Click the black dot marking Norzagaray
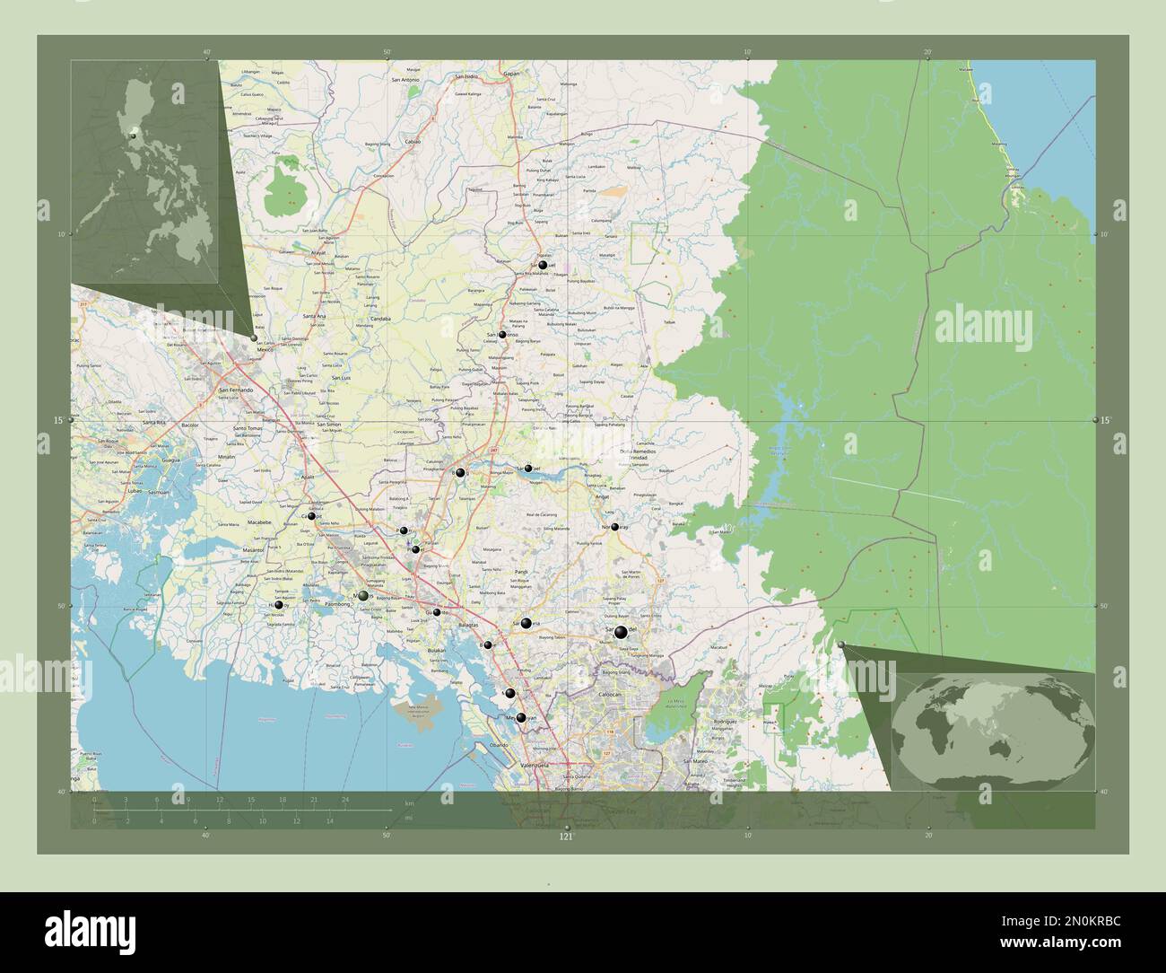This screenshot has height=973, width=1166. pyautogui.click(x=614, y=527)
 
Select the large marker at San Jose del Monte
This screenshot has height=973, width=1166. pyautogui.click(x=620, y=633)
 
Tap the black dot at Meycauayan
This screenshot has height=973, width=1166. pyautogui.click(x=520, y=718)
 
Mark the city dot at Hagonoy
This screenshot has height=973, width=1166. pyautogui.click(x=279, y=606)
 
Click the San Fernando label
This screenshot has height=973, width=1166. pyautogui.click(x=236, y=390)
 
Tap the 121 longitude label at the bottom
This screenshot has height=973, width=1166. pyautogui.click(x=566, y=836)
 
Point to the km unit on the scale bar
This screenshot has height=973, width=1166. pyautogui.click(x=409, y=802)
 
